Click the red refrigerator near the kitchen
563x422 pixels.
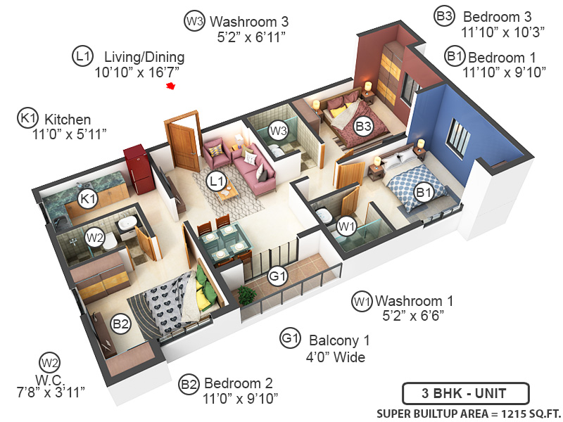click(x=139, y=169)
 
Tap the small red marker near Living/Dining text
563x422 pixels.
click(x=170, y=86)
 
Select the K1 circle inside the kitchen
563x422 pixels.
click(x=87, y=199)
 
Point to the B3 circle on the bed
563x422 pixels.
click(x=363, y=127)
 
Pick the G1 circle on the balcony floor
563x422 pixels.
click(x=279, y=276)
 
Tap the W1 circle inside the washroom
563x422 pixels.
click(x=345, y=226)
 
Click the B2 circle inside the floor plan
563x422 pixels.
click(x=121, y=324)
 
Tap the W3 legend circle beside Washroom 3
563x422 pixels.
click(x=194, y=21)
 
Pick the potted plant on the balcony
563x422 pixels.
click(x=247, y=295)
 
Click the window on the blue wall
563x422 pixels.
click(x=458, y=137)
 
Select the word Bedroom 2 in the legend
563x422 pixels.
click(x=238, y=384)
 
